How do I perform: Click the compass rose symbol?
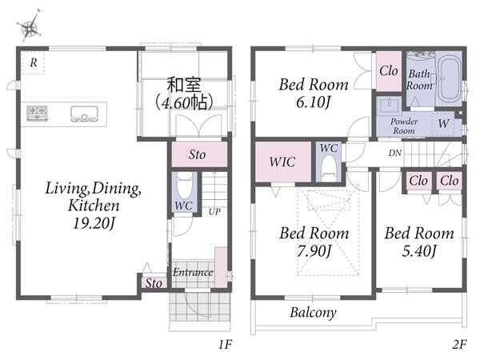pos(30,27)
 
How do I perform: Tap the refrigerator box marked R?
pos(33,62)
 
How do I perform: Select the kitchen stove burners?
pos(37,113)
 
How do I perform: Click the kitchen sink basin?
pos(84,114)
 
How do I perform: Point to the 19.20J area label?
pos(94,223)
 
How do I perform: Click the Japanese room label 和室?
pos(184,85)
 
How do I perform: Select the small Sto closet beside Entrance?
pos(154,283)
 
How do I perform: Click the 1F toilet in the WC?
pos(185,186)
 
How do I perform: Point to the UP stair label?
pos(214,211)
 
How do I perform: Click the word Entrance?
pos(193,272)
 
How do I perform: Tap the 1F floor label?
pos(225,344)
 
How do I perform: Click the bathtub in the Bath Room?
pos(449,78)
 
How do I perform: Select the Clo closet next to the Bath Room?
pos(389,71)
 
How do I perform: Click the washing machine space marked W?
pos(443,124)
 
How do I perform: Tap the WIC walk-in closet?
pos(283,162)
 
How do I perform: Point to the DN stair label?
pos(395,153)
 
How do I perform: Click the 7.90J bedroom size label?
pos(314,251)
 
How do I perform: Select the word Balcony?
pos(313,313)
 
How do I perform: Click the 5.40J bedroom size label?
pos(419,251)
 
